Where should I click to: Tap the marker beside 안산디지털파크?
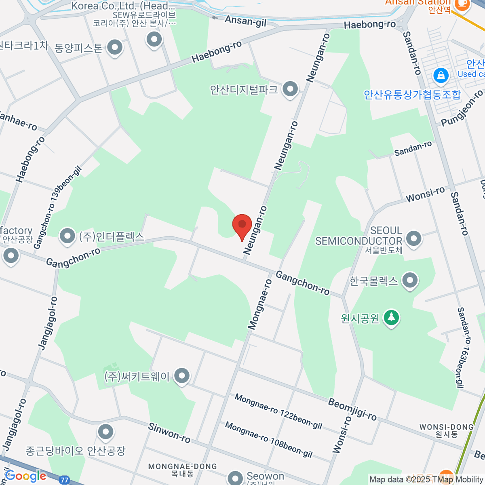pyautogui.click(x=290, y=90)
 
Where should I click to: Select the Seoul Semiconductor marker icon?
pyautogui.click(x=413, y=238)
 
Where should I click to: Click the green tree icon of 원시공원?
pyautogui.click(x=391, y=318)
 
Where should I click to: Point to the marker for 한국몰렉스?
pyautogui.click(x=410, y=280)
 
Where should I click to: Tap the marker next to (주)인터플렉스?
pyautogui.click(x=67, y=236)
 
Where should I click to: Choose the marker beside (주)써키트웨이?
pyautogui.click(x=182, y=376)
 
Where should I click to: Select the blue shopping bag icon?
pyautogui.click(x=441, y=76)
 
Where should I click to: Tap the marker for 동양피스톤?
pyautogui.click(x=115, y=48)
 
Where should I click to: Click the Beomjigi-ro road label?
pyautogui.click(x=352, y=409)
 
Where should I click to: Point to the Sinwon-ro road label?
pyautogui.click(x=169, y=433)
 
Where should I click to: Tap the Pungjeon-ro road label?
pyautogui.click(x=462, y=108)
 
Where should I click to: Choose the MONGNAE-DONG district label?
pyautogui.click(x=183, y=467)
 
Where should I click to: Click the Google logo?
pyautogui.click(x=25, y=476)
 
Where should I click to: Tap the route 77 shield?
pyautogui.click(x=64, y=480)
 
